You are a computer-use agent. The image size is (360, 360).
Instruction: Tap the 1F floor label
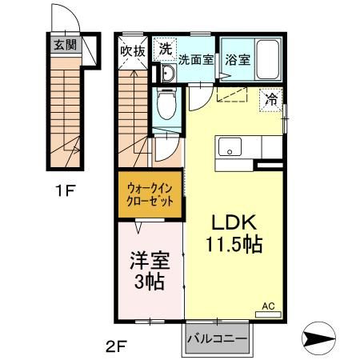(x=66, y=190)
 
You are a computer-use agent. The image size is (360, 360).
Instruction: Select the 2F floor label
(x=115, y=346)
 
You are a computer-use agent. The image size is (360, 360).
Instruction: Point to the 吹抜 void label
(x=133, y=51)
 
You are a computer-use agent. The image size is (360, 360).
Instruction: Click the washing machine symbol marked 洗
(x=165, y=49)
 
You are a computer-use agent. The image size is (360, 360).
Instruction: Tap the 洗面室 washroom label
(x=196, y=60)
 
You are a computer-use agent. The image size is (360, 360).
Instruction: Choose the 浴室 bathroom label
(x=238, y=60)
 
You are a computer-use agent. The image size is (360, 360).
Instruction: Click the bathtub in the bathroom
(x=268, y=59)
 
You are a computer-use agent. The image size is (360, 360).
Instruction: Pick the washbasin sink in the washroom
(x=169, y=73)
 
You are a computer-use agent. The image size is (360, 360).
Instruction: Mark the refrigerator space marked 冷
(x=271, y=100)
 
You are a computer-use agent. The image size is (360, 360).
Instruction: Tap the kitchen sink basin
(x=230, y=146)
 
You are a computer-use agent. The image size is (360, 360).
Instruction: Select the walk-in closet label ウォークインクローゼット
(x=150, y=194)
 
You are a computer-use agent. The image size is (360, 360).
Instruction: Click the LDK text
(x=234, y=222)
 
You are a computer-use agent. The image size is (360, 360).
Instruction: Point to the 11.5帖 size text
(x=234, y=244)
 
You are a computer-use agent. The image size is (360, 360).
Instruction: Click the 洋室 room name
(x=150, y=261)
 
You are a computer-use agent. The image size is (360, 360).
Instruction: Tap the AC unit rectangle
(x=268, y=314)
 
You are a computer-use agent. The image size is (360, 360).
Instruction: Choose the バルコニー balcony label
(x=217, y=339)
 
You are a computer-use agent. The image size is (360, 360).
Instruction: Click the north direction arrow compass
(x=318, y=338)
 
